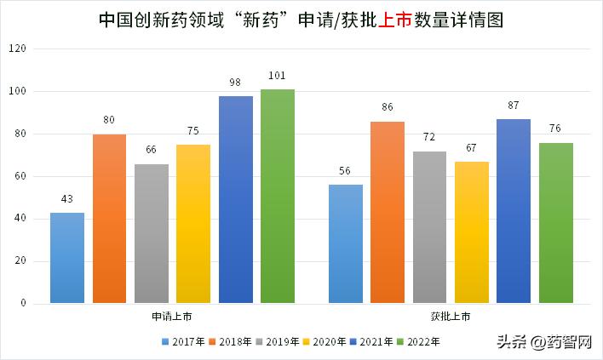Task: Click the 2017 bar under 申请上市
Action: pyautogui.click(x=67, y=258)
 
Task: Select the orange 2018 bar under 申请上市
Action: pyautogui.click(x=109, y=219)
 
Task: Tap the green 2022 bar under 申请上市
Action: pyautogui.click(x=278, y=197)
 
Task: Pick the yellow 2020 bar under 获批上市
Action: pyautogui.click(x=472, y=232)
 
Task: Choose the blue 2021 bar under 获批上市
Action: pyautogui.click(x=514, y=211)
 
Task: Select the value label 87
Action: pyautogui.click(x=514, y=106)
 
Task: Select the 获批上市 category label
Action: pyautogui.click(x=451, y=317)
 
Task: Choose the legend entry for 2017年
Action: pyautogui.click(x=184, y=341)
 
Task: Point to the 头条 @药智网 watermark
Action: pyautogui.click(x=548, y=342)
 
